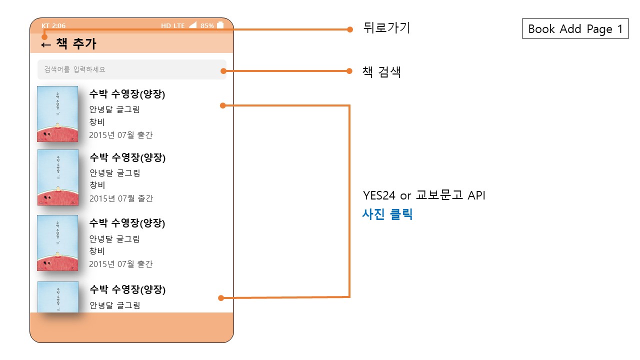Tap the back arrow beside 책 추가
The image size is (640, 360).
click(x=46, y=44)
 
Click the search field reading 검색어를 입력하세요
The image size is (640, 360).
click(x=131, y=69)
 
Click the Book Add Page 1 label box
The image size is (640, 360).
click(x=575, y=29)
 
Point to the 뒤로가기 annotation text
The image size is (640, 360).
click(x=386, y=28)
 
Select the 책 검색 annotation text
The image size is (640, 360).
click(x=381, y=72)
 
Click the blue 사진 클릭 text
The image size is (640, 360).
click(x=387, y=215)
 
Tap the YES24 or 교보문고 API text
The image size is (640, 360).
click(x=424, y=195)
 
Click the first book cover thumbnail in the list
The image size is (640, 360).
click(x=57, y=114)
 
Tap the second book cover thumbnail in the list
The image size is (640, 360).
click(x=57, y=177)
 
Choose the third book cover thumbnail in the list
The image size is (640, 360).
click(x=57, y=243)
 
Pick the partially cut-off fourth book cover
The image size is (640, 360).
click(x=57, y=297)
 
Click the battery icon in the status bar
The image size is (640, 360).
click(x=220, y=25)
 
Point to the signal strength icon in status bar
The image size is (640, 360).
click(x=193, y=25)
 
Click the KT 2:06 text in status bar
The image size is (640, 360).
click(x=53, y=25)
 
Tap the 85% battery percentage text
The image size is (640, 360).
click(x=207, y=25)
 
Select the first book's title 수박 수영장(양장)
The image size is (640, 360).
click(x=127, y=94)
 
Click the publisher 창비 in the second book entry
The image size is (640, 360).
click(x=97, y=185)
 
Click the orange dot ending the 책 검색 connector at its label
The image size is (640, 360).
click(x=350, y=71)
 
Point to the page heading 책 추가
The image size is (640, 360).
click(x=76, y=44)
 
